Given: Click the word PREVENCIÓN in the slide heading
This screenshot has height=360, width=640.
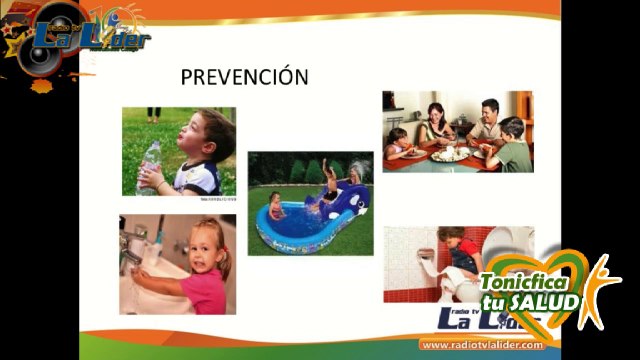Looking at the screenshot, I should [x=243, y=77].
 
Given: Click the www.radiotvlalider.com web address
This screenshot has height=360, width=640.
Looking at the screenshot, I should [x=474, y=345].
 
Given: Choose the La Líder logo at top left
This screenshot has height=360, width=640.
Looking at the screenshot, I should [x=89, y=38].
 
